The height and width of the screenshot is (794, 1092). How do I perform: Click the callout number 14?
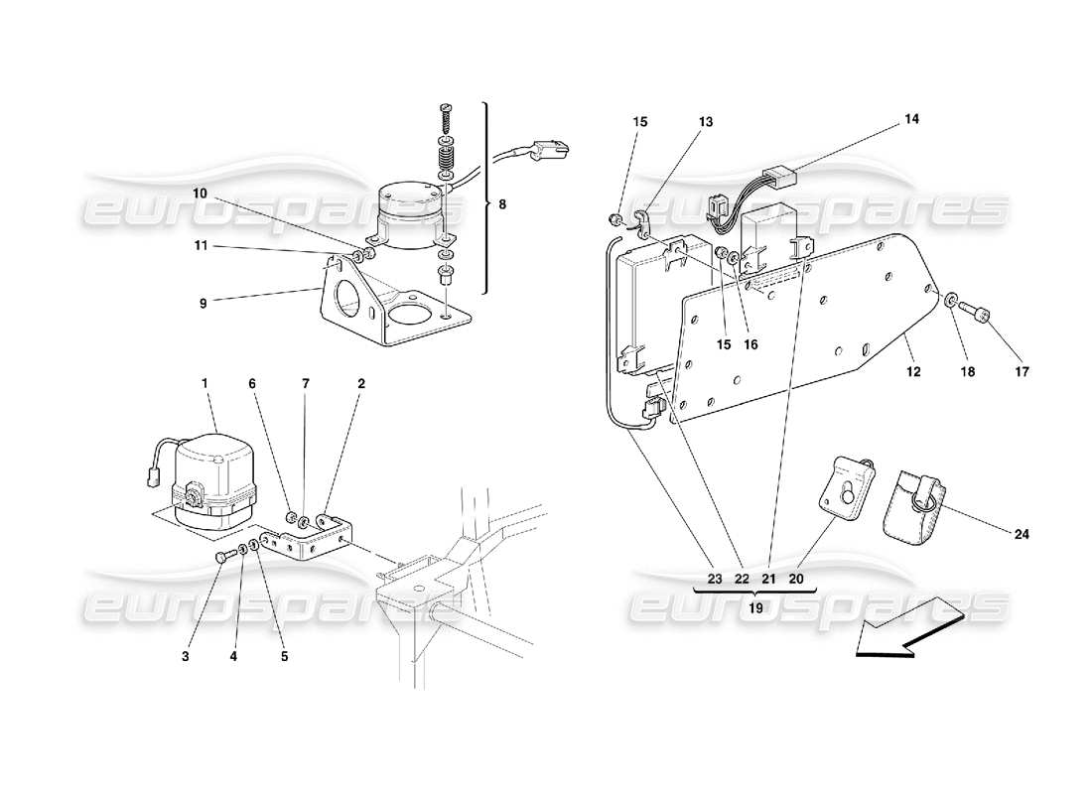click(911, 119)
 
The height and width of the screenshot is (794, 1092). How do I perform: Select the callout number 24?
click(1022, 534)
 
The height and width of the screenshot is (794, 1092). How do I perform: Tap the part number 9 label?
click(203, 304)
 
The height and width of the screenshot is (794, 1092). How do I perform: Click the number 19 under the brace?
click(754, 609)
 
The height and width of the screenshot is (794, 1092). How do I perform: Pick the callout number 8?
click(502, 204)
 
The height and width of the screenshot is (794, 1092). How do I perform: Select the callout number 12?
click(913, 372)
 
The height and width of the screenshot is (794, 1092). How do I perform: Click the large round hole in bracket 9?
click(346, 296)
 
